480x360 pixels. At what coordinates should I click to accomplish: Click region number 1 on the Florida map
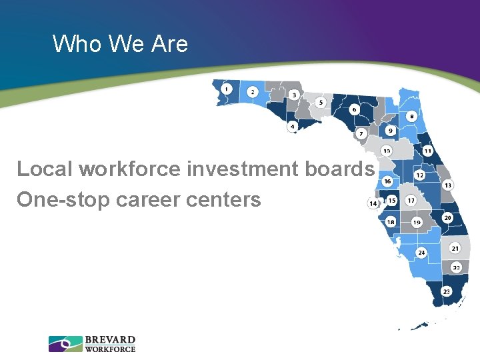tap(227, 89)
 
